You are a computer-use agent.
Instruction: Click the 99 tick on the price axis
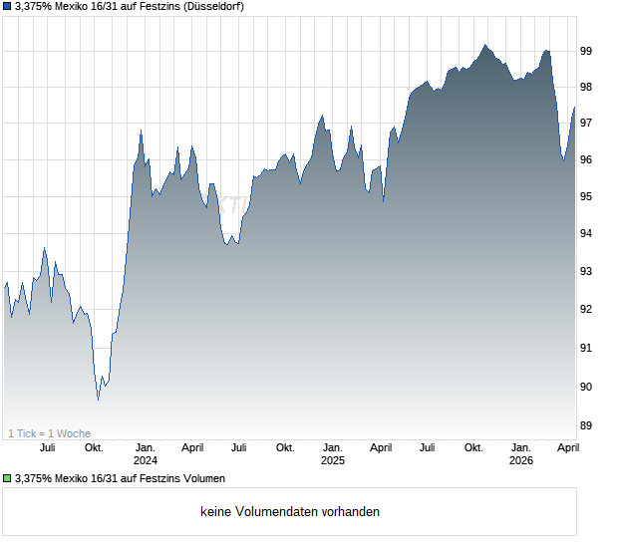587,50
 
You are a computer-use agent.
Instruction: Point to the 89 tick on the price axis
587,425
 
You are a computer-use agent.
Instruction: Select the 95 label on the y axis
587,196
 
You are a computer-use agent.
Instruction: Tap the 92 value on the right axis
587,309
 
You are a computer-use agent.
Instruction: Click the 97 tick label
587,123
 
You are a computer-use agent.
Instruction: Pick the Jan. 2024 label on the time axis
146,454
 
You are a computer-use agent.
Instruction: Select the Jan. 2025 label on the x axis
333,454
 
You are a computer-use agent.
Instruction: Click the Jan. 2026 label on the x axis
521,454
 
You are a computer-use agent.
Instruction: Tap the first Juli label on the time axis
48,448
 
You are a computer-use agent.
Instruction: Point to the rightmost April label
566,448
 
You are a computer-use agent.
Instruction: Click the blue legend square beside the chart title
7,7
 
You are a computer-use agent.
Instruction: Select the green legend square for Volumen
7,479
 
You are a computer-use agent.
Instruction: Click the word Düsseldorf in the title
214,6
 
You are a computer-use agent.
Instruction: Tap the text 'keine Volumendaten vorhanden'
290,512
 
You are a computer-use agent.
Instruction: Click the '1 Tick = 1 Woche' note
50,433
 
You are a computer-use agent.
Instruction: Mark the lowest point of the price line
98,400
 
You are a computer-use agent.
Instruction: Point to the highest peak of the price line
484,45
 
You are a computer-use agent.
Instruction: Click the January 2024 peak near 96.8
141,131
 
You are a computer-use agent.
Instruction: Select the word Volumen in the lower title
203,478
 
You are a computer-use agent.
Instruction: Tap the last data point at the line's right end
574,108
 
